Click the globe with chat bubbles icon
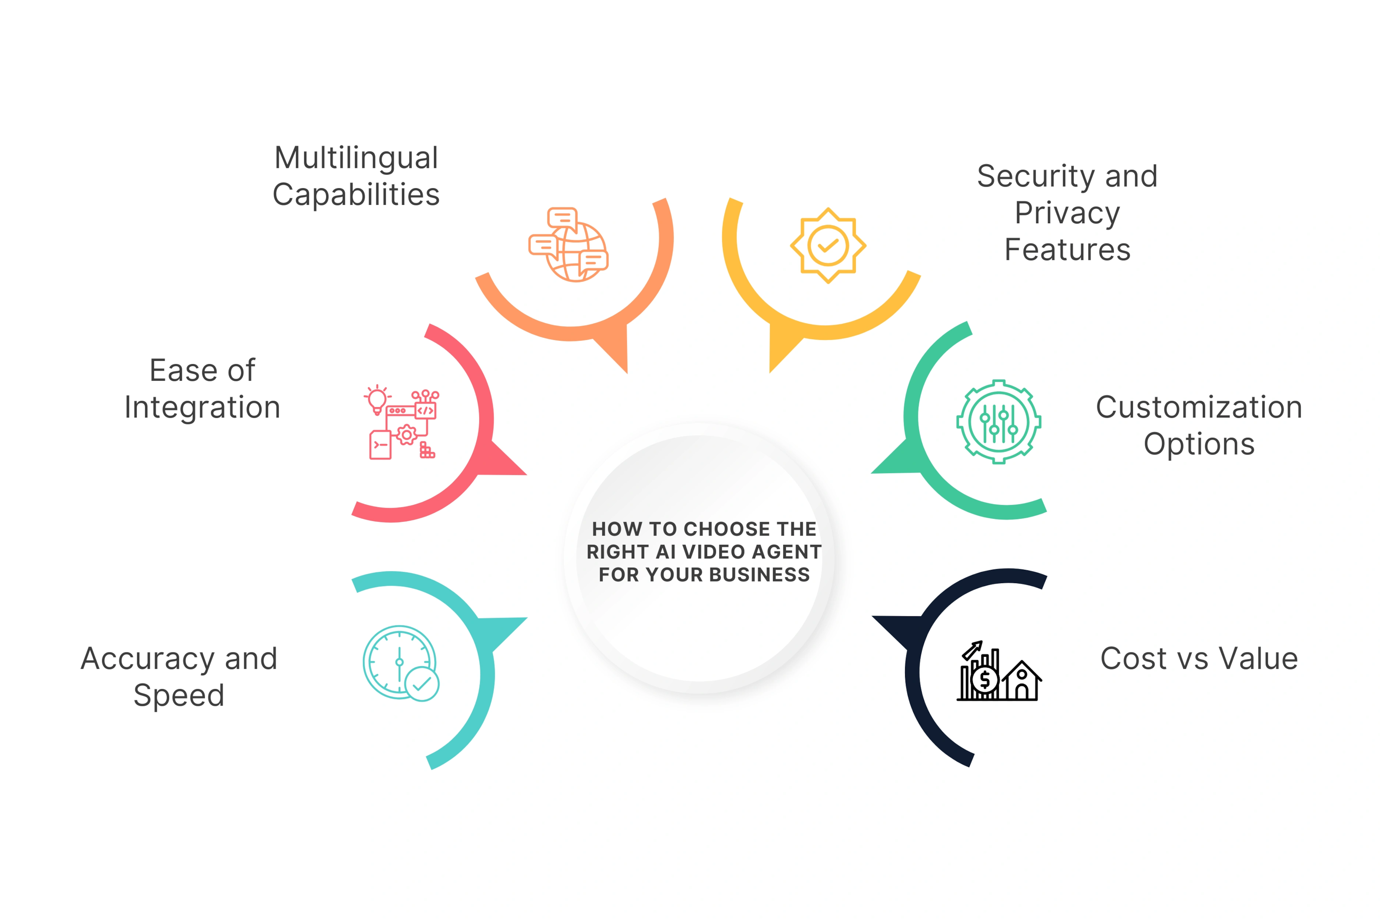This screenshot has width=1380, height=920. tap(568, 244)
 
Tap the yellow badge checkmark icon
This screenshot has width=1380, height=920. tap(828, 245)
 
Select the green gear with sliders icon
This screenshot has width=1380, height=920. tap(999, 421)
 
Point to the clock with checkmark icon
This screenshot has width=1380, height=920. tap(401, 663)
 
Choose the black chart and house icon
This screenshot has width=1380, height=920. tap(999, 671)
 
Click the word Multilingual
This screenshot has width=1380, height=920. tap(356, 158)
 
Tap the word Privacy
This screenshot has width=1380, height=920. tap(1067, 213)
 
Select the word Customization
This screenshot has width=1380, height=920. tap(1199, 407)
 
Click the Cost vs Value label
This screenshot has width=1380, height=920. tap(1199, 658)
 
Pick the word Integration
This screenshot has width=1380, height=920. tap(202, 408)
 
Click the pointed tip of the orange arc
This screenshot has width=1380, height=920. tap(627, 373)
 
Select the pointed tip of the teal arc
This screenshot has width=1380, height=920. tap(527, 618)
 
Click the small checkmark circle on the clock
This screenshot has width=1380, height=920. tap(422, 684)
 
